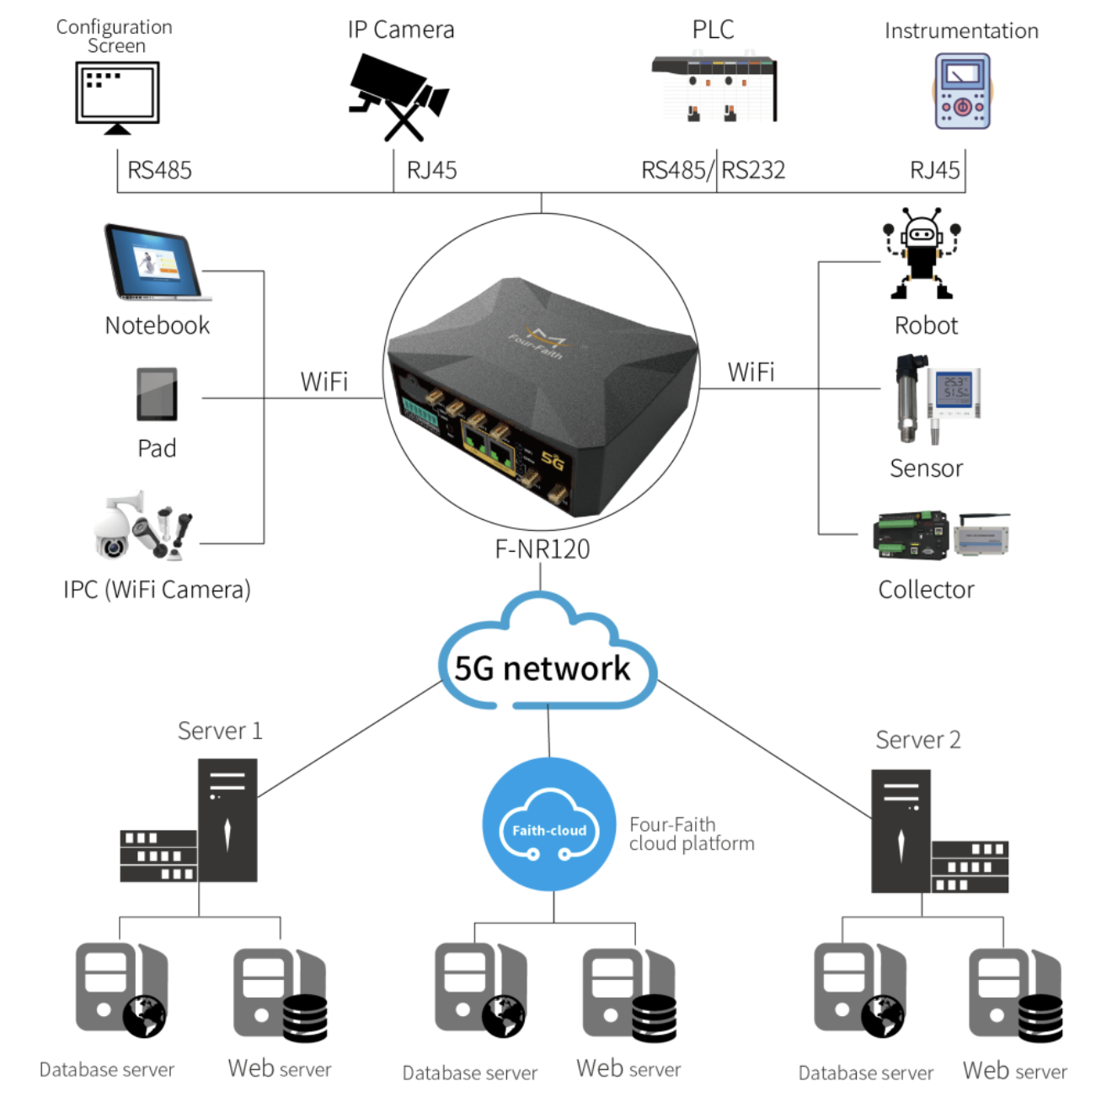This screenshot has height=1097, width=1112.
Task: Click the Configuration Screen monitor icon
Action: coord(117,96)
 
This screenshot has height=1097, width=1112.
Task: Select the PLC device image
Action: coord(714,88)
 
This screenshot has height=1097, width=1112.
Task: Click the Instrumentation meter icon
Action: coord(962,92)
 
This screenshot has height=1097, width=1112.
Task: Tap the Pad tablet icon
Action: coord(157,394)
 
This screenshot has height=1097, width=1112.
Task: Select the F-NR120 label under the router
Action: coord(542,549)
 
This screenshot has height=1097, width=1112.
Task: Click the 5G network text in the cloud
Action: coord(542,669)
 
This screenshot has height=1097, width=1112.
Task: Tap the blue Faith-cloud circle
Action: coord(549,825)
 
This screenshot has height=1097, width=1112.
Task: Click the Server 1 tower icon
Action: coord(227,821)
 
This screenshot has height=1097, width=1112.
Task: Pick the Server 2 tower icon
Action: coord(901,832)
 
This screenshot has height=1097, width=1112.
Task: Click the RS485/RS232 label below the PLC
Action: coord(713,170)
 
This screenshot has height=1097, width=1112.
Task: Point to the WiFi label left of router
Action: coord(324,382)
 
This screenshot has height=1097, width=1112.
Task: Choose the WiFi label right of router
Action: coord(751,372)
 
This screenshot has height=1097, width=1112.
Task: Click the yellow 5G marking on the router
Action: coord(553,460)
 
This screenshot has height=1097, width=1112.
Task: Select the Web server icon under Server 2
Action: coord(1014,995)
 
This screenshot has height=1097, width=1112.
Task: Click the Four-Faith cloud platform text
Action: coord(691,834)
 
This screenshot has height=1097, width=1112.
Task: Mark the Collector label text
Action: coord(926,590)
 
